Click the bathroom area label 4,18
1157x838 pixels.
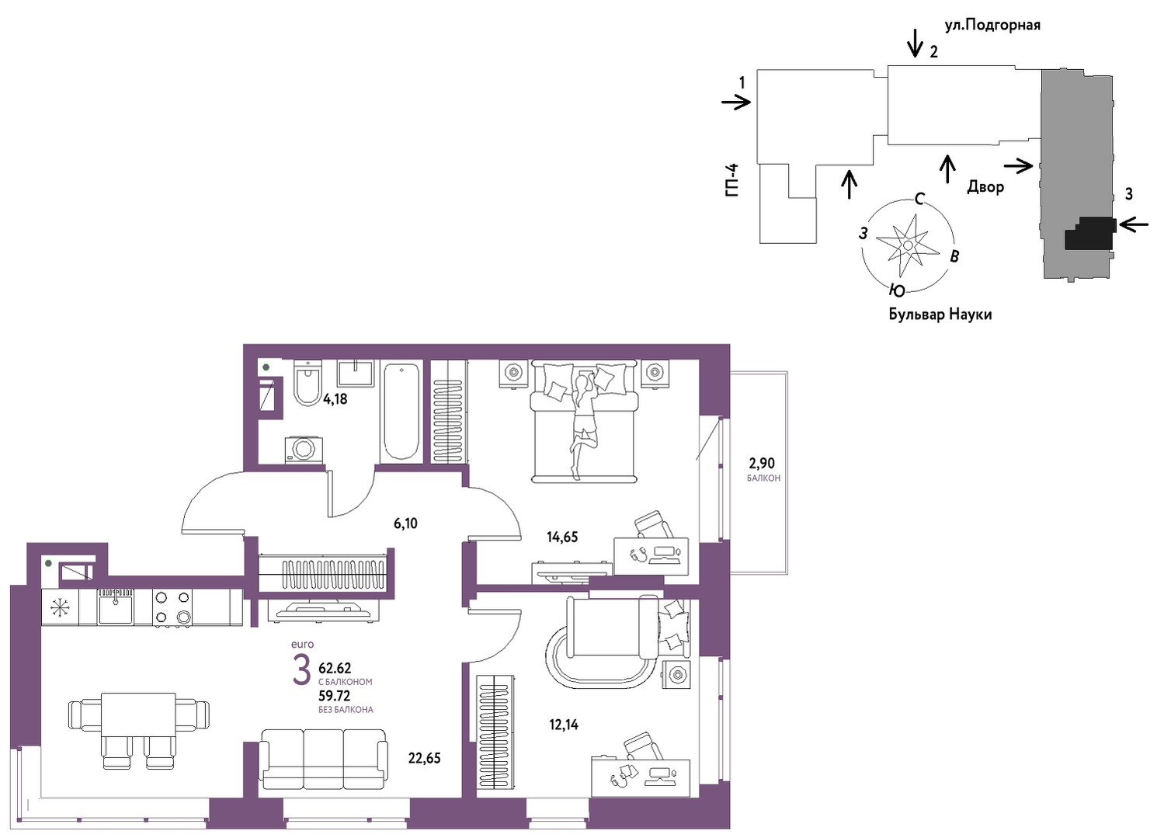point(335,399)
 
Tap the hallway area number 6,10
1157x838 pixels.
point(405,523)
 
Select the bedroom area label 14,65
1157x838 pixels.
point(562,537)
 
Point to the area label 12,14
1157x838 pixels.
point(564,725)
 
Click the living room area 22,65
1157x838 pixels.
point(425,759)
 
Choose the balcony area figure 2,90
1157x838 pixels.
point(763,463)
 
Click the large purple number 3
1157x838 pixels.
point(301,669)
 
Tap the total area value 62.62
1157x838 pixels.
point(335,668)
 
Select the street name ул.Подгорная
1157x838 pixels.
point(992,26)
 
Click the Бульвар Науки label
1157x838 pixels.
point(940,314)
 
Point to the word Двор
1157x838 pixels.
point(985,186)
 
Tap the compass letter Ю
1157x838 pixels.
point(898,291)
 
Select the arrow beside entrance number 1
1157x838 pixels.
point(736,103)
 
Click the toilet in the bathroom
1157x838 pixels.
point(307,383)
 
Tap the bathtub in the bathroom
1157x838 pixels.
point(401,412)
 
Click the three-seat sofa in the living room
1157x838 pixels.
point(323,759)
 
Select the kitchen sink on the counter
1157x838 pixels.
point(115,607)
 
